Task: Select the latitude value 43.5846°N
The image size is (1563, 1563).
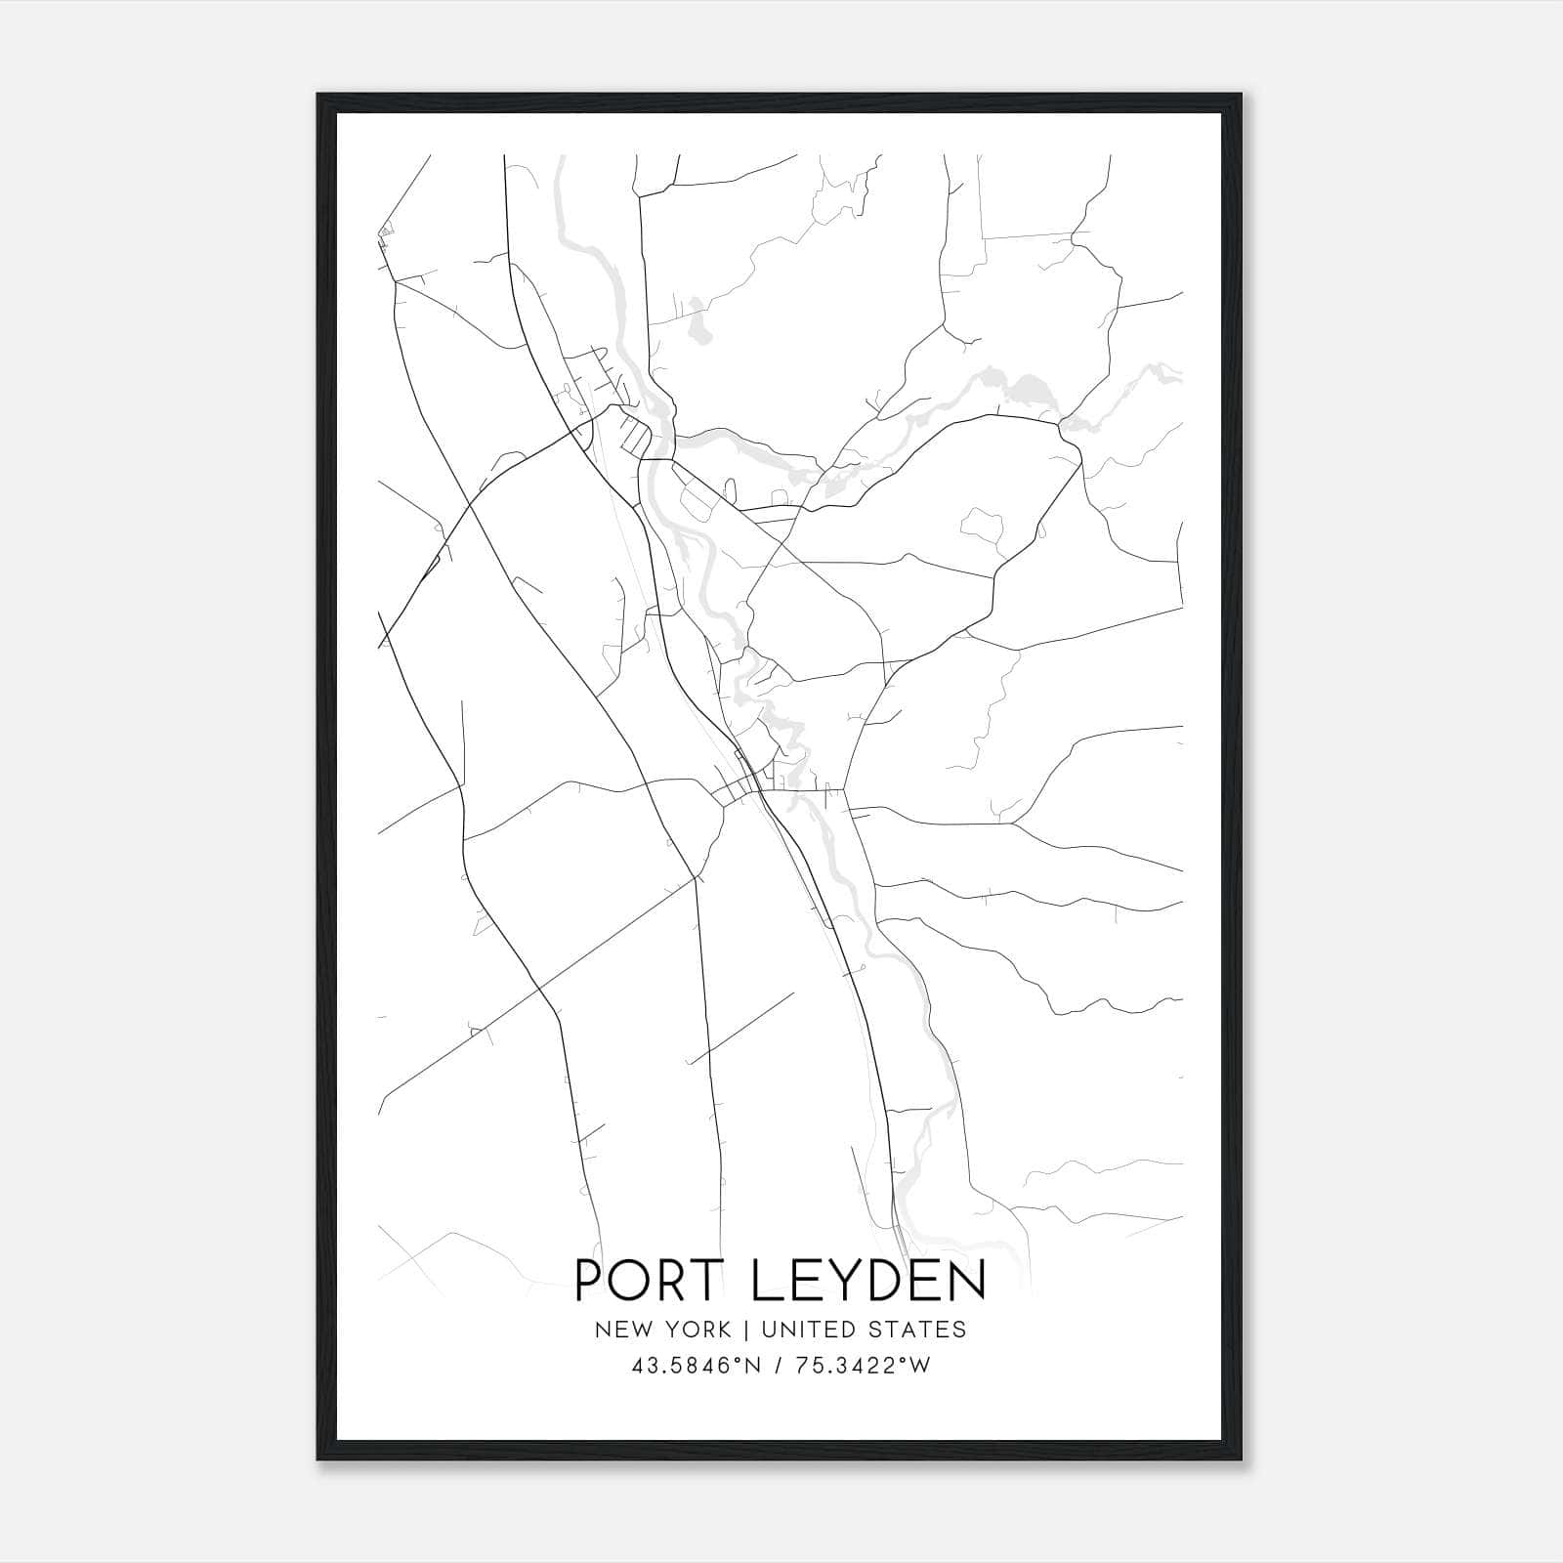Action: [x=695, y=1367]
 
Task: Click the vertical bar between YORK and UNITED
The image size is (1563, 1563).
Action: [x=745, y=1330]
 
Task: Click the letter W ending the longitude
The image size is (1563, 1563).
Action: [x=920, y=1367]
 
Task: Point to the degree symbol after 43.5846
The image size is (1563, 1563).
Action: [x=739, y=1361]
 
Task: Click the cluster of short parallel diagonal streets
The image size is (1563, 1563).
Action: [x=633, y=436]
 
